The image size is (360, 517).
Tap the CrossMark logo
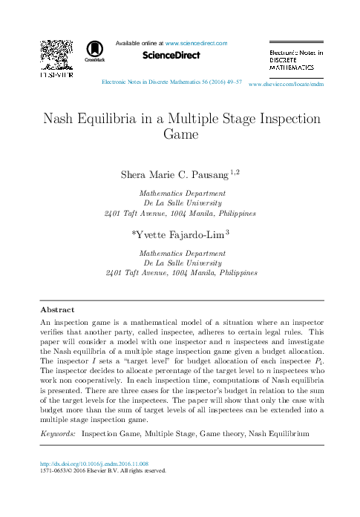[x=95, y=50]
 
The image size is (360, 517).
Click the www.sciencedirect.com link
[x=196, y=45]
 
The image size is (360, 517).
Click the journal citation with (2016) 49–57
[x=171, y=84]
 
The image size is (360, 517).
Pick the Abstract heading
[x=57, y=309]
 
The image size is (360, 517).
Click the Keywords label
[x=57, y=432]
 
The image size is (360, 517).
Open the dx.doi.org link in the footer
[x=99, y=463]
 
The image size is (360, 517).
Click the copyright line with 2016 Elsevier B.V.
[x=103, y=470]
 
